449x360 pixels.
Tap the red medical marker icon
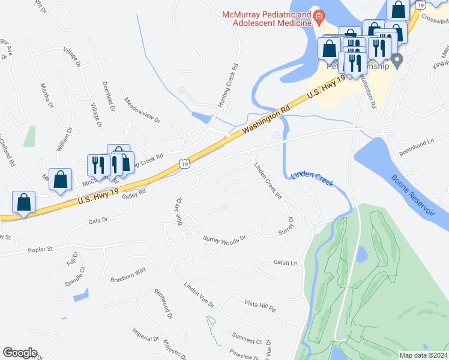click(319, 17)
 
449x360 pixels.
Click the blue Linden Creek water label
click(312, 178)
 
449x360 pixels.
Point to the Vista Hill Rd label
click(259, 308)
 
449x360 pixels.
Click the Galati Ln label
click(285, 263)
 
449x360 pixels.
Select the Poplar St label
click(42, 248)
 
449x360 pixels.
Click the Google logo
click(20, 353)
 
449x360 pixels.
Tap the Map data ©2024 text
click(423, 355)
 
